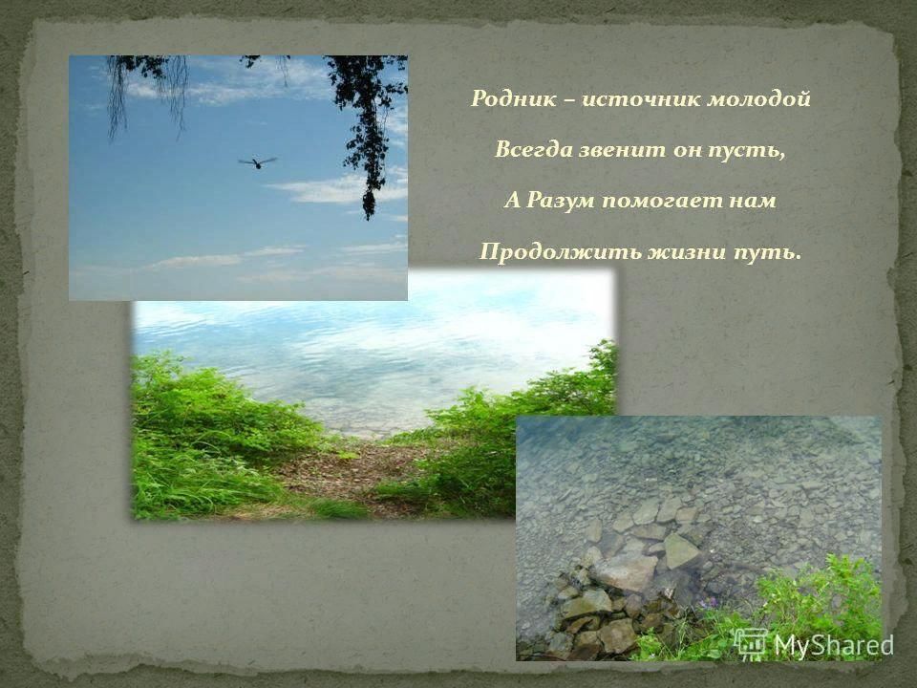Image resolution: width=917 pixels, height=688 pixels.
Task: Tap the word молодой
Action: tap(759, 98)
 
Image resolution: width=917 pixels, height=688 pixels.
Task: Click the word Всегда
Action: tap(533, 150)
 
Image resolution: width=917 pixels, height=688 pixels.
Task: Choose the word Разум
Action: tap(562, 201)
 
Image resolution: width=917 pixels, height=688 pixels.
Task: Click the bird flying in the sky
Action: tap(257, 162)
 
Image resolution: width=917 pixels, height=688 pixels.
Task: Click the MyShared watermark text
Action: tap(834, 645)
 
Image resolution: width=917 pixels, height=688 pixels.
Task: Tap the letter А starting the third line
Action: tap(512, 201)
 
